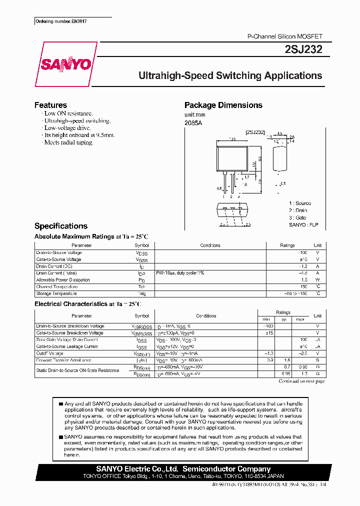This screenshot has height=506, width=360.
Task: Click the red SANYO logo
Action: coord(65,65)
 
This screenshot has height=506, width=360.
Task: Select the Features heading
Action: coord(50,105)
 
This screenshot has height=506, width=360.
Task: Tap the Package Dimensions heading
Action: coord(223,105)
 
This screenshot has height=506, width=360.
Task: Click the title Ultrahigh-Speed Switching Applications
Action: coord(230,76)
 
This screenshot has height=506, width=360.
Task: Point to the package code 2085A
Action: coord(193,123)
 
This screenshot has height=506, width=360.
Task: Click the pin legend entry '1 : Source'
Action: coord(299,203)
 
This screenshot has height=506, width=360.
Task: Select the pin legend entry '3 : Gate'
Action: coord(297,217)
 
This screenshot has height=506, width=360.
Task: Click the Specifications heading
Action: coord(60,226)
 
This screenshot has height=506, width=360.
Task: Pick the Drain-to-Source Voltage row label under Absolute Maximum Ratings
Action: coord(59,252)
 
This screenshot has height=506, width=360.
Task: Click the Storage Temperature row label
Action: coord(56,293)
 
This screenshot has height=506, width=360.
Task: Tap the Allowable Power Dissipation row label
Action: coord(63,280)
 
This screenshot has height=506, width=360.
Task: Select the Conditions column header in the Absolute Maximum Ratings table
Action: coord(210,245)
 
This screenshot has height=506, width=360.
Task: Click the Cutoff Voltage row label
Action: coord(50,353)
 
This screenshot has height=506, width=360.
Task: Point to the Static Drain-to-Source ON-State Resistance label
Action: coord(77,370)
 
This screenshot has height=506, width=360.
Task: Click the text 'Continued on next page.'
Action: coord(301,381)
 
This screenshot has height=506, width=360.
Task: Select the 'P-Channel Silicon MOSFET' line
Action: coord(285,37)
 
